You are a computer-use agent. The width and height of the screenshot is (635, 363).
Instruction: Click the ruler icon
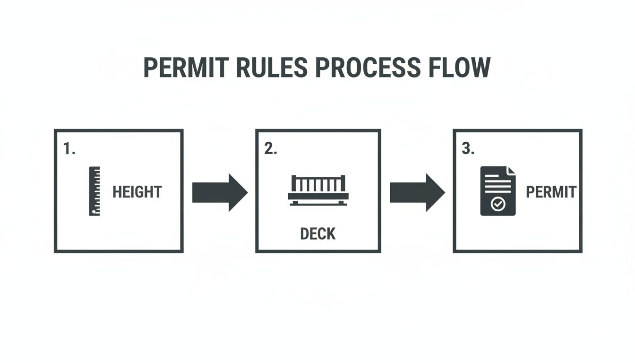pos(94,191)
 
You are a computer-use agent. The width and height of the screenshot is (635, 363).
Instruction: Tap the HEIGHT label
pos(137,192)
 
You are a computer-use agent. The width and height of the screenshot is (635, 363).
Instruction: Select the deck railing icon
pos(318,190)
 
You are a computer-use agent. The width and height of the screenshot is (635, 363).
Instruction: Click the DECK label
pos(318,233)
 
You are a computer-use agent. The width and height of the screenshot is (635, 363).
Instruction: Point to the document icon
pos(498,191)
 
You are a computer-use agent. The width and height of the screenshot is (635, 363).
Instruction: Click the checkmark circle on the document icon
pos(498,204)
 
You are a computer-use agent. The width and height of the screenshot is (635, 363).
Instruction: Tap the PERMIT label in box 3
pos(551,192)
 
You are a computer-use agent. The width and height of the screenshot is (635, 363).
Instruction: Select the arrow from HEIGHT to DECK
pos(220,192)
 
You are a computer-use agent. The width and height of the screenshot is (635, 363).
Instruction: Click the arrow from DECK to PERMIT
pos(417,192)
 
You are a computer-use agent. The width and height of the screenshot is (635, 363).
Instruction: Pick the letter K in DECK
pos(331,233)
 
